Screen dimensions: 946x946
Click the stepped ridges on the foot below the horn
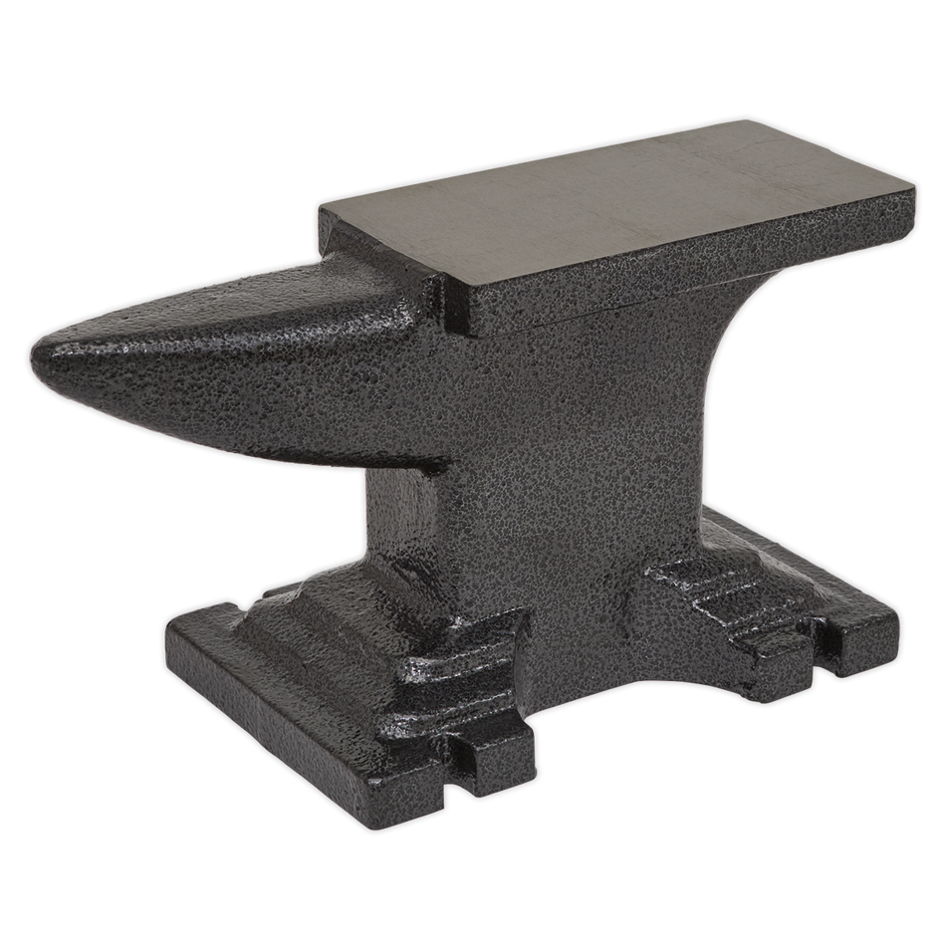448,667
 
